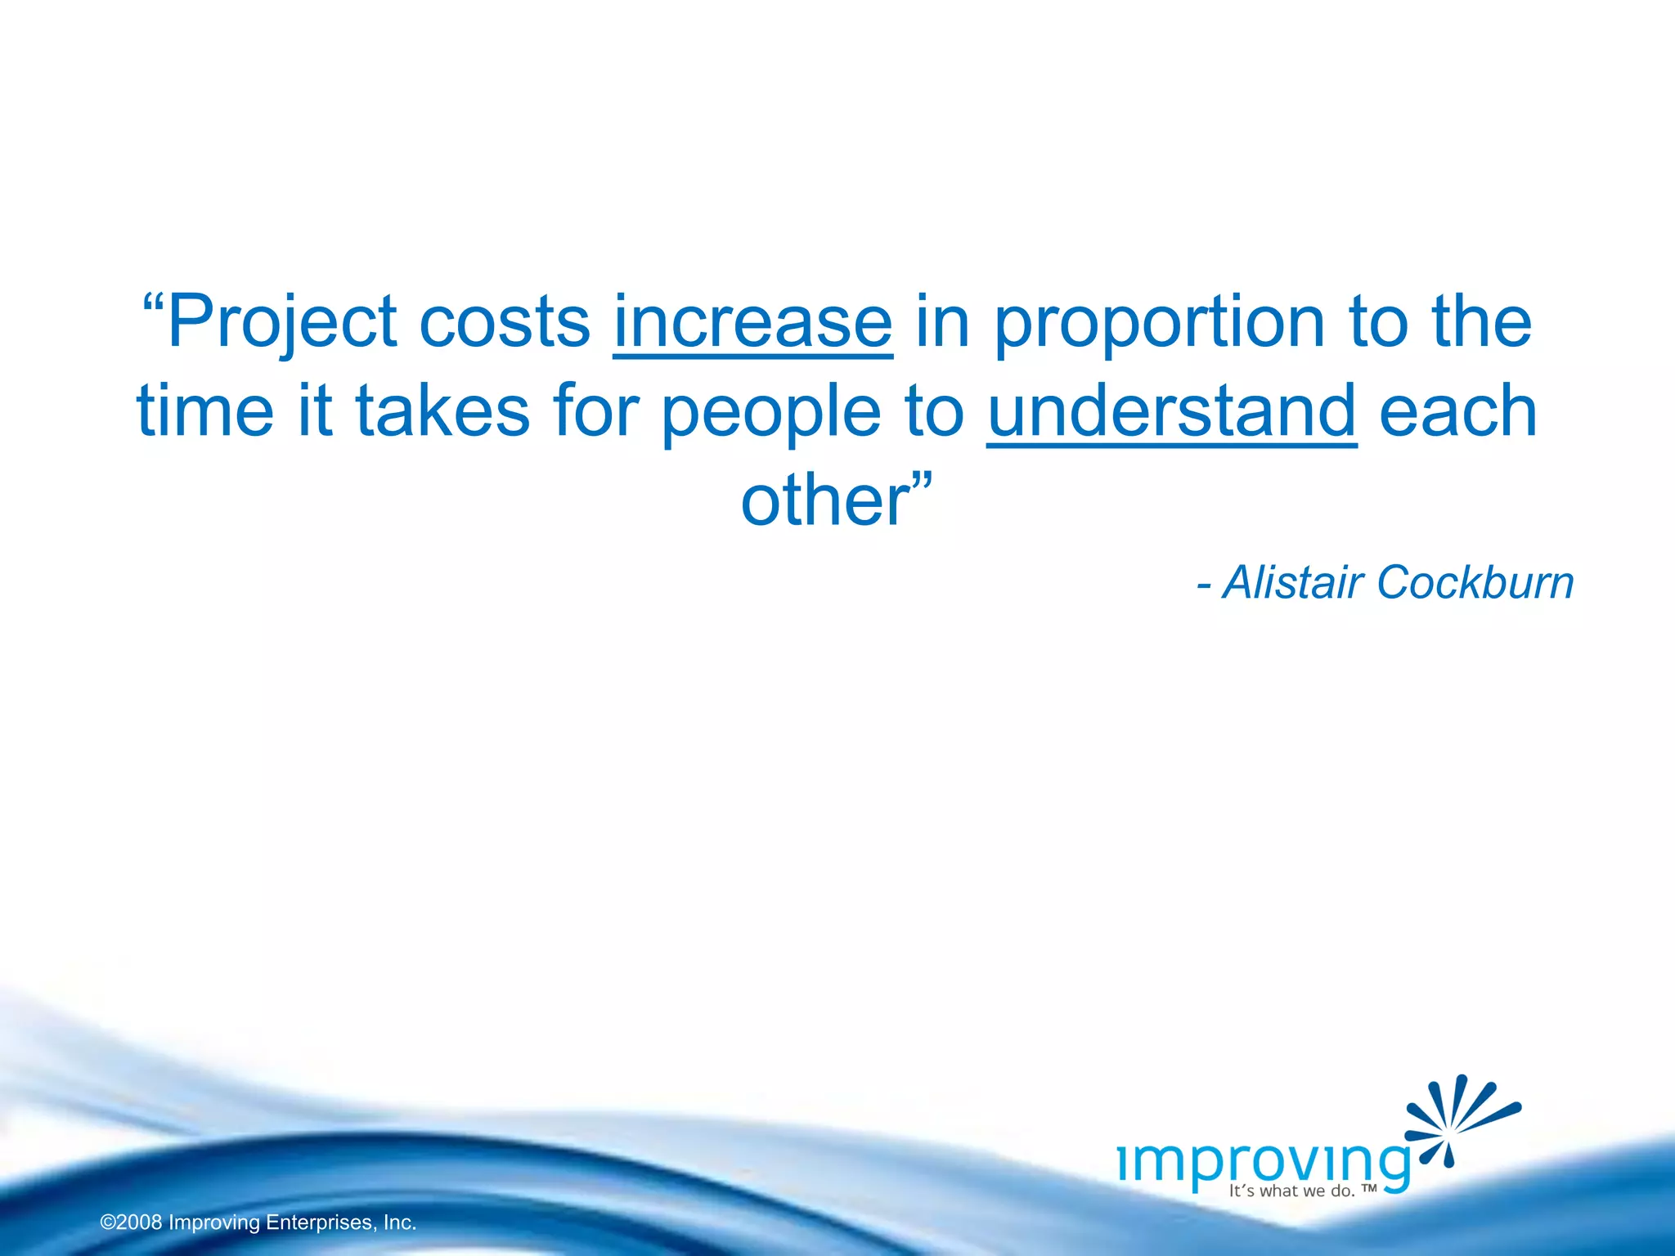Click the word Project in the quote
283,322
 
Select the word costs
505,322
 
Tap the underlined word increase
752,322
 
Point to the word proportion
1159,322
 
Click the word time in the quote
205,410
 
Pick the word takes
442,410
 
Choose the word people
770,412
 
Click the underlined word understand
1171,410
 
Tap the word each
1458,410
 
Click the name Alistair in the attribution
1293,583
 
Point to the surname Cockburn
1475,583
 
